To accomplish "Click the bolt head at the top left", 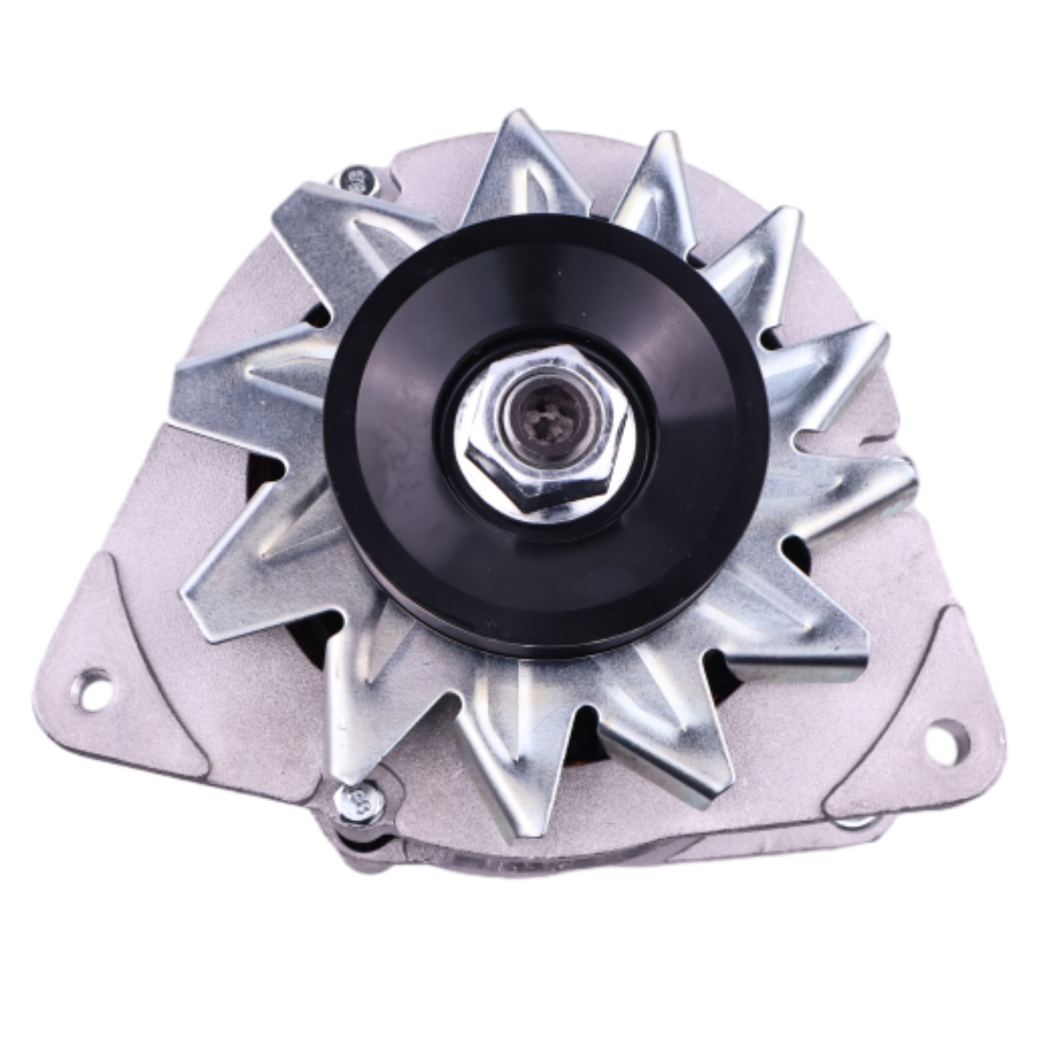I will click(356, 180).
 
